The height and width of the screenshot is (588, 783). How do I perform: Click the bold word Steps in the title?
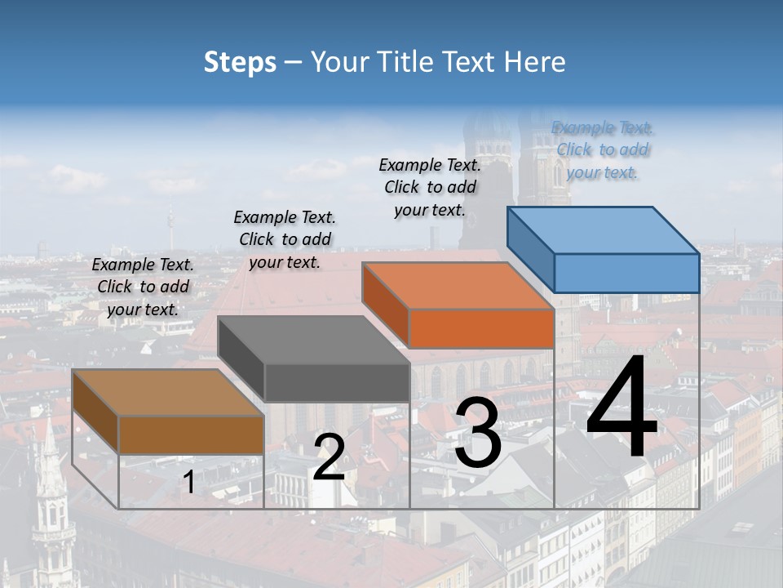tap(239, 62)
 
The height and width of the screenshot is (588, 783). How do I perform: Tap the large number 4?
tap(622, 408)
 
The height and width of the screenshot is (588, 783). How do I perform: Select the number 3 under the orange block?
tap(478, 434)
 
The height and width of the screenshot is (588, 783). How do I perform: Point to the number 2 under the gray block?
tap(329, 458)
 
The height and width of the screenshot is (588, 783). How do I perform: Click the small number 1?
tap(188, 483)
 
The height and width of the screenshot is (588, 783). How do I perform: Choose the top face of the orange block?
tap(457, 286)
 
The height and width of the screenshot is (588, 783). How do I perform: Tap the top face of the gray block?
tap(312, 340)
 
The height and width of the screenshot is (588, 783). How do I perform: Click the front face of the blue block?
tap(626, 273)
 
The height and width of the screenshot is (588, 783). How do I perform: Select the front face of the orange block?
tap(481, 328)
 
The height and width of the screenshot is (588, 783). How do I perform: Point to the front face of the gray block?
tap(337, 382)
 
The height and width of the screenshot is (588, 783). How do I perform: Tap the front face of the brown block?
tap(192, 434)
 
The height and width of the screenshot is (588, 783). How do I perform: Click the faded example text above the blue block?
tap(602, 150)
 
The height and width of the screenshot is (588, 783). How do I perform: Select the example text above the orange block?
tap(430, 187)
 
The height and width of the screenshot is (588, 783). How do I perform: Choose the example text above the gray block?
tap(285, 239)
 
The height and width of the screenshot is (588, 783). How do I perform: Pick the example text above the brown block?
tap(143, 287)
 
